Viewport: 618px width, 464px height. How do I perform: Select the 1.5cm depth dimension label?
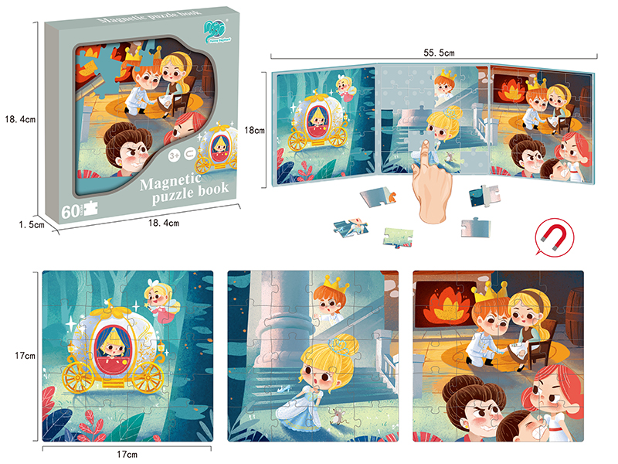(x=29, y=224)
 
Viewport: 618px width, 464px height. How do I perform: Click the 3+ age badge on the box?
(x=174, y=155)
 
